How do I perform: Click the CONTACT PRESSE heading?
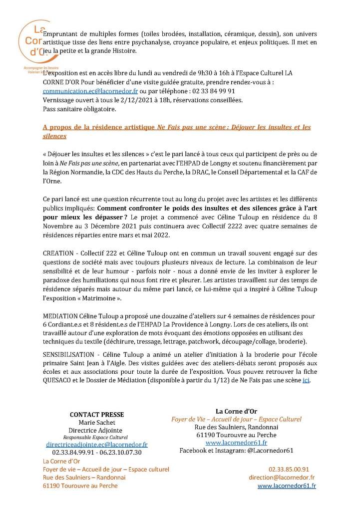(97, 415)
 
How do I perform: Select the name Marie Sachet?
(97, 423)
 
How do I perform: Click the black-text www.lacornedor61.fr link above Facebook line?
(236, 442)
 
